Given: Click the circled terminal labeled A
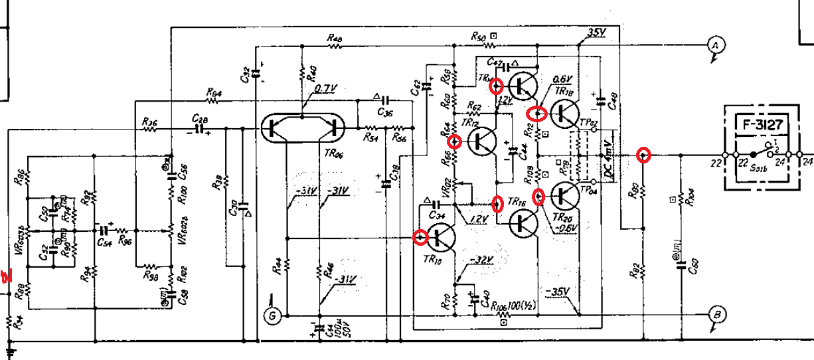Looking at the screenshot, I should pyautogui.click(x=715, y=45).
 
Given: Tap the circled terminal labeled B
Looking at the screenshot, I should pyautogui.click(x=716, y=314).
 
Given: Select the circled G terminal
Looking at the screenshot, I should pyautogui.click(x=270, y=317).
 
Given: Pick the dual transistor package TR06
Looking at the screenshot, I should pyautogui.click(x=302, y=128).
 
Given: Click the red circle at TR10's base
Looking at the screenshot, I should pyautogui.click(x=420, y=236).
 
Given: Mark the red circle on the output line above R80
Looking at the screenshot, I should pyautogui.click(x=643, y=155).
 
